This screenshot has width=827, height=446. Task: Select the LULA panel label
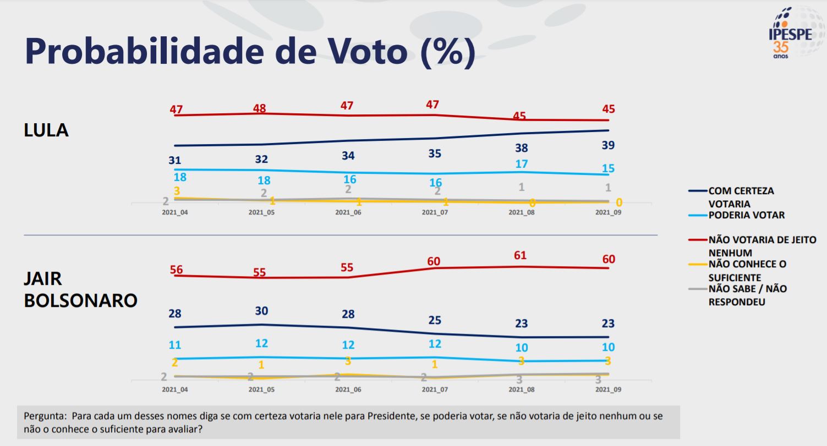46,130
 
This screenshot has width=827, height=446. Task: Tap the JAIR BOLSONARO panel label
80,289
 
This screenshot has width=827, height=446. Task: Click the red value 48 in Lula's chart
259,108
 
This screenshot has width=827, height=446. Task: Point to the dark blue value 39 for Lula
608,145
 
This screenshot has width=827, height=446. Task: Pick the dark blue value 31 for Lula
175,160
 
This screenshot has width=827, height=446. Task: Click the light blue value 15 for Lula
608,169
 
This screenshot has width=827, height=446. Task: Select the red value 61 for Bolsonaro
520,255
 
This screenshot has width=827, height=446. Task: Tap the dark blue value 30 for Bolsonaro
261,311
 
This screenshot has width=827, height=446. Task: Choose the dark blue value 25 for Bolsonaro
435,320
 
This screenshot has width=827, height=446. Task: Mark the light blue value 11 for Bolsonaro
175,345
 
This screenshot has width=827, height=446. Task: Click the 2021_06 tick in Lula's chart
348,212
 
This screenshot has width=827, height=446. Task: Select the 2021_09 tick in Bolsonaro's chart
608,389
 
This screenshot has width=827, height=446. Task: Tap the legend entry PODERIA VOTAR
746,215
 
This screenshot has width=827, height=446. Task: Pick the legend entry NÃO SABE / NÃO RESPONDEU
747,295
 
